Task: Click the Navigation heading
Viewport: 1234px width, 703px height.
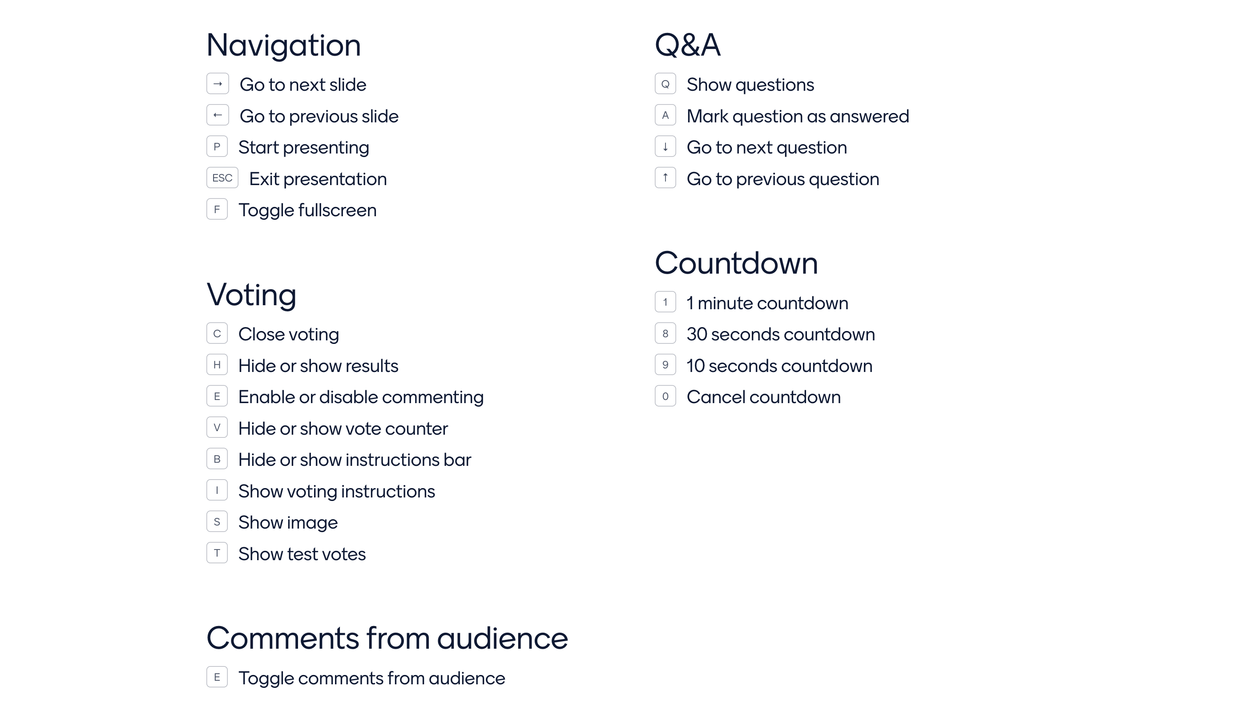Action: point(283,45)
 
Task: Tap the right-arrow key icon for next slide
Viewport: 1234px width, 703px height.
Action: point(217,84)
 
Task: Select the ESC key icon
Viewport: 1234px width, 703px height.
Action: point(222,178)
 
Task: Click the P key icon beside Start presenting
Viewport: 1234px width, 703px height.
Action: point(217,147)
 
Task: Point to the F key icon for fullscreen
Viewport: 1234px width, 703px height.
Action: point(217,210)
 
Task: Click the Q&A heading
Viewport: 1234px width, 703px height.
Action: point(687,45)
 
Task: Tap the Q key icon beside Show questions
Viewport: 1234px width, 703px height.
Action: point(665,84)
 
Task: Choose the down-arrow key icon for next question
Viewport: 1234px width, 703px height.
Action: point(665,147)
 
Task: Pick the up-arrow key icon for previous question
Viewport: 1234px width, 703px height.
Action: point(665,178)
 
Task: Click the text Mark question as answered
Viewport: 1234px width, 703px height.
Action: point(797,117)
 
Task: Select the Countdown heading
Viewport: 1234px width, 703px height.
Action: point(736,263)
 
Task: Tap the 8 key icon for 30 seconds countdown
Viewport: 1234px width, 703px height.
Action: point(665,334)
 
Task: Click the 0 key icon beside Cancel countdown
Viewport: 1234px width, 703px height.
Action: point(665,396)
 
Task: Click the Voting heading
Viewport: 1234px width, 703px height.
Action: point(251,295)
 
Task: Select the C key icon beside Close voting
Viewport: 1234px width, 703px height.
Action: point(217,334)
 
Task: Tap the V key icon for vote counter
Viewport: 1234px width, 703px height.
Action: point(217,428)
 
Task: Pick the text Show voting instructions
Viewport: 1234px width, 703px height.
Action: point(336,492)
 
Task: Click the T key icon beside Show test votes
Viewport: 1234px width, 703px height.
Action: point(217,554)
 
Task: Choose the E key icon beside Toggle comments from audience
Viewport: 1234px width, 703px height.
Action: point(217,677)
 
